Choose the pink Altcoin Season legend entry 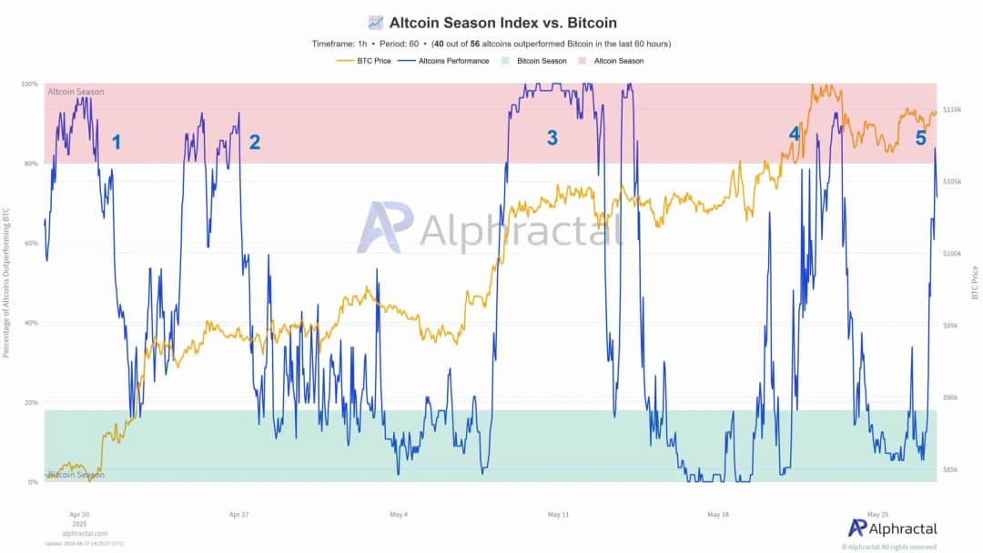pyautogui.click(x=611, y=61)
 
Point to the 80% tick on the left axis pyautogui.click(x=32, y=164)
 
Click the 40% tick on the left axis pyautogui.click(x=32, y=323)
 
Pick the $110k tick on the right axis pyautogui.click(x=952, y=109)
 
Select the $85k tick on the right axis pyautogui.click(x=951, y=469)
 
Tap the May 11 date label pyautogui.click(x=558, y=514)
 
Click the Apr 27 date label pyautogui.click(x=239, y=514)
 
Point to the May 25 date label pyautogui.click(x=878, y=514)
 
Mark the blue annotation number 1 pyautogui.click(x=116, y=142)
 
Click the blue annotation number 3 pyautogui.click(x=552, y=138)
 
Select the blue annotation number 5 pyautogui.click(x=920, y=138)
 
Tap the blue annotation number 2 pyautogui.click(x=254, y=142)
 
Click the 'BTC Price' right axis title pyautogui.click(x=975, y=282)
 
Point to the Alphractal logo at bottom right pyautogui.click(x=892, y=528)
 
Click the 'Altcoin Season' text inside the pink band pyautogui.click(x=76, y=92)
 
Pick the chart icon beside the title pyautogui.click(x=375, y=23)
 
